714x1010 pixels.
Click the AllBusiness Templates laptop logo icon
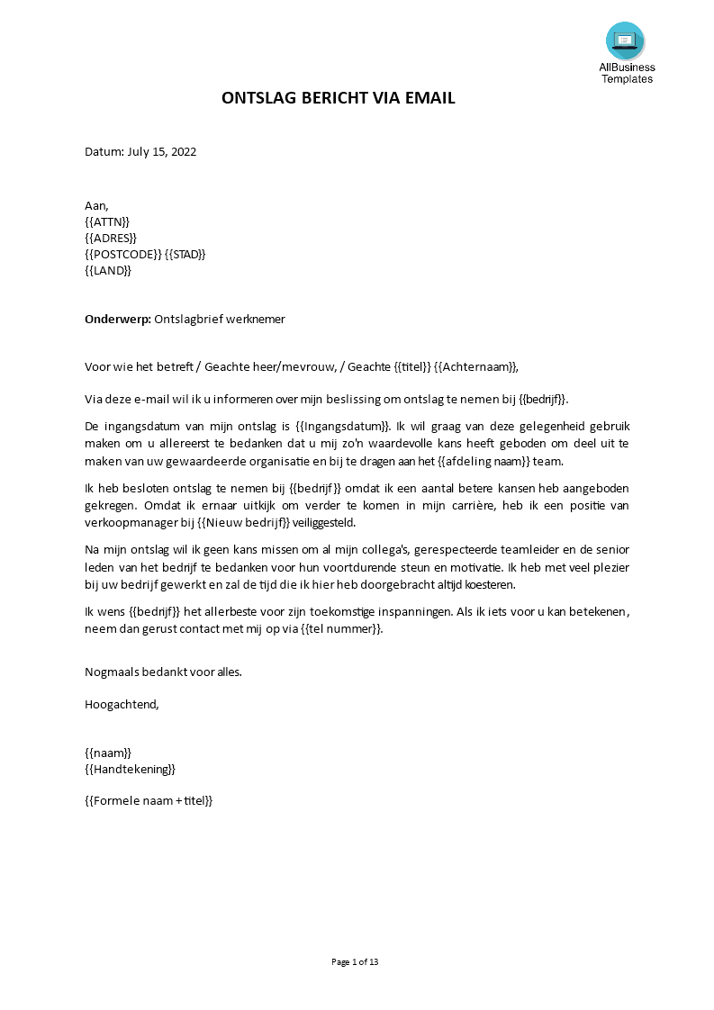tap(625, 41)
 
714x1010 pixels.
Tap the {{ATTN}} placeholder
tap(107, 221)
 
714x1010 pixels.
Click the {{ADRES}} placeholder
tap(111, 238)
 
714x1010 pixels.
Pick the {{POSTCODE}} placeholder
tap(123, 254)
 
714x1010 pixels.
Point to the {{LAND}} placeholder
tap(108, 270)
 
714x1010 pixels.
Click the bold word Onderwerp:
tap(118, 319)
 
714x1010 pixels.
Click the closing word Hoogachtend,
tap(122, 704)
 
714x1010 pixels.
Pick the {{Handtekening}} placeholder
tap(130, 769)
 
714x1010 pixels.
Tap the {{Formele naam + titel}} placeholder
tap(149, 799)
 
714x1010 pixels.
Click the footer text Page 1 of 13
tap(356, 962)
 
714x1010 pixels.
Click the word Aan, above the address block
tap(96, 205)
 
